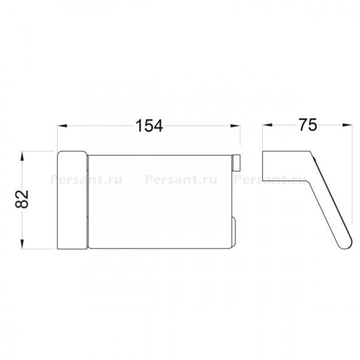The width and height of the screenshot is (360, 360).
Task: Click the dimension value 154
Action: (x=149, y=126)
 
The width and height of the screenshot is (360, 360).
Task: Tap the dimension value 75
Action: (x=308, y=125)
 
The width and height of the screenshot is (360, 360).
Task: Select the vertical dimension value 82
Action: (x=22, y=199)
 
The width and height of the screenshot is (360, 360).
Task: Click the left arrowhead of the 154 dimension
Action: (x=62, y=126)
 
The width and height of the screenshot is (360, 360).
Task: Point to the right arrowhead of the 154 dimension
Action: (x=236, y=126)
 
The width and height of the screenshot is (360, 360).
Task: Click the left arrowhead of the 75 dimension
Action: (x=267, y=125)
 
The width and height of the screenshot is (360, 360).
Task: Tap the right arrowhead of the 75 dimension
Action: (x=347, y=125)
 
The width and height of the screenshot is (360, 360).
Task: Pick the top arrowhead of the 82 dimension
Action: (x=22, y=156)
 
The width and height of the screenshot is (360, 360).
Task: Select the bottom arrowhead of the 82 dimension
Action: (x=22, y=244)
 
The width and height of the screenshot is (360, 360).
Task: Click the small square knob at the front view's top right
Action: (x=237, y=163)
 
